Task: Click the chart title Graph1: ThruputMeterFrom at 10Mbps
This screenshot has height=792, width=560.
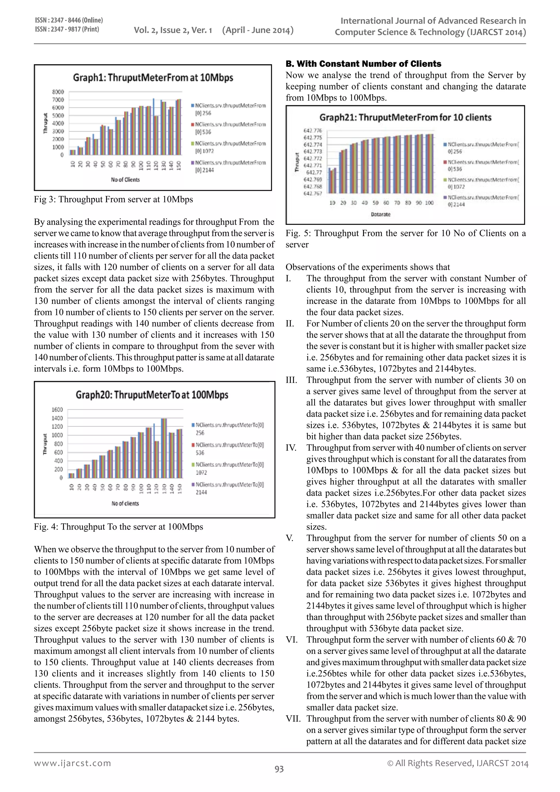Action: [x=153, y=78]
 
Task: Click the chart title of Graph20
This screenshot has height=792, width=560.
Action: [x=152, y=395]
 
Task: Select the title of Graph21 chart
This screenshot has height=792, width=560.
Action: [x=405, y=118]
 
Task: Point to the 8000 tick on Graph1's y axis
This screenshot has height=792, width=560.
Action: [x=58, y=92]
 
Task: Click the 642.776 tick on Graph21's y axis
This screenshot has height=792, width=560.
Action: [x=313, y=130]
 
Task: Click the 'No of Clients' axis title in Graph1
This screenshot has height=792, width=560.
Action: [x=125, y=180]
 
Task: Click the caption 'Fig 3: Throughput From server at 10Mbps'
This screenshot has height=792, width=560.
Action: [x=113, y=199]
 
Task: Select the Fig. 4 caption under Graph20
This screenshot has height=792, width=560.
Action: [x=118, y=527]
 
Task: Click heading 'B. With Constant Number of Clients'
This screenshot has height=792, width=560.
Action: [x=363, y=64]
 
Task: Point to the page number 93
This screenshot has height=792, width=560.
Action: [x=279, y=769]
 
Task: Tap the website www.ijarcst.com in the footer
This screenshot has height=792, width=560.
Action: [x=72, y=763]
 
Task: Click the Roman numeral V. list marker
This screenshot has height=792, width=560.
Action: [x=289, y=538]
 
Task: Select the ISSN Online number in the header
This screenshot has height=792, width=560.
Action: [x=69, y=20]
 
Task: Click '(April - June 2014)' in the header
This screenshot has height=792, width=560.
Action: [x=258, y=30]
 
